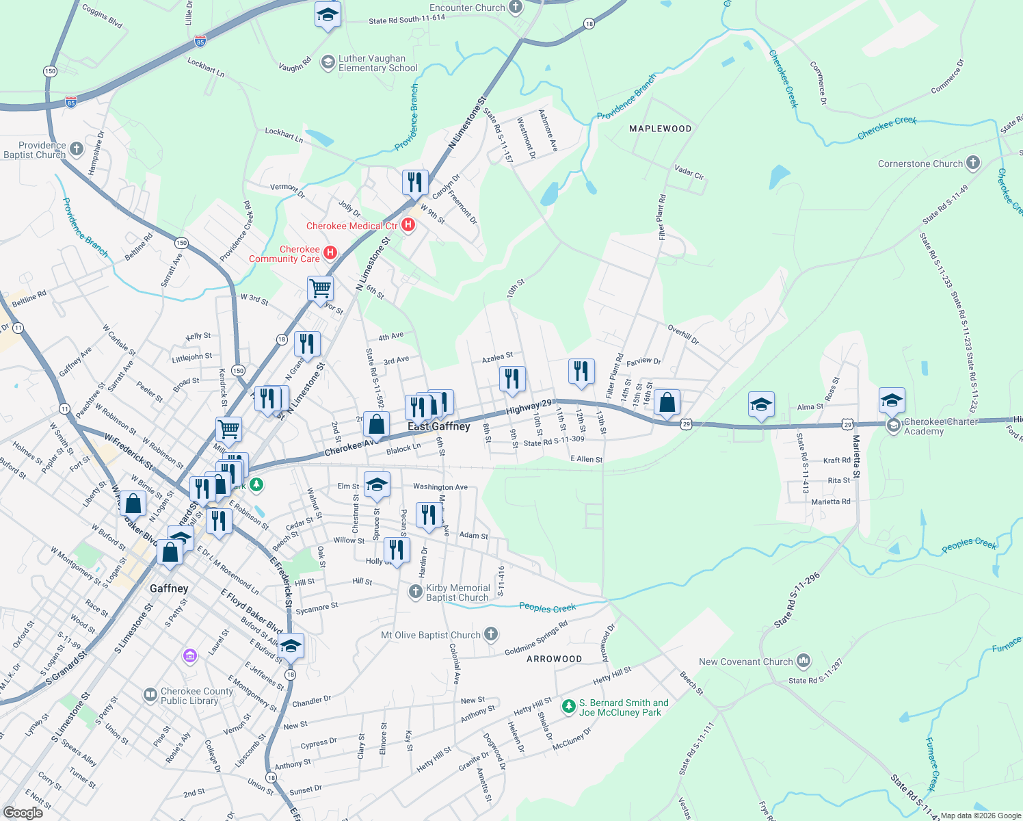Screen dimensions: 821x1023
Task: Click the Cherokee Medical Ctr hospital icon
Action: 408,225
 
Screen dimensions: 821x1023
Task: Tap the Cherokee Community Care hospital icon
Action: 330,253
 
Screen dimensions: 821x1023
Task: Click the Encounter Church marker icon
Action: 516,8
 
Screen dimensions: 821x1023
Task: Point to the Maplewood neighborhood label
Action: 660,129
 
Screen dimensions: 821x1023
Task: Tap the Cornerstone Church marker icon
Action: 973,164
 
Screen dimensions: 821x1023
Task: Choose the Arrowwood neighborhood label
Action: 554,659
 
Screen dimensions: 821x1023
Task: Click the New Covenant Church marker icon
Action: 803,661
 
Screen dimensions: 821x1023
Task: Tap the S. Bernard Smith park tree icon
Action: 568,706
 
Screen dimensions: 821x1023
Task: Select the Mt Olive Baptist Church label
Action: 431,635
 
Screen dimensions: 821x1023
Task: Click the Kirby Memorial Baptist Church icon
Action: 415,591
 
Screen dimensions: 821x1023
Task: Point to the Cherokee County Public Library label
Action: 197,696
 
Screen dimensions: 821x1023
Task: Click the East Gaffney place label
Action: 439,426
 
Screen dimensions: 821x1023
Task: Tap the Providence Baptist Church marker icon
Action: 77,148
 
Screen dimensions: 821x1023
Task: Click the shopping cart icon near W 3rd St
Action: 320,288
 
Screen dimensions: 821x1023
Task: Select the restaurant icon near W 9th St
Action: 415,183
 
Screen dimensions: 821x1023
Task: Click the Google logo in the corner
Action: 23,812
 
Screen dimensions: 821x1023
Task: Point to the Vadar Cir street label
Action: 689,172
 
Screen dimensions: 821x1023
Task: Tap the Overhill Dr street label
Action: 683,335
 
